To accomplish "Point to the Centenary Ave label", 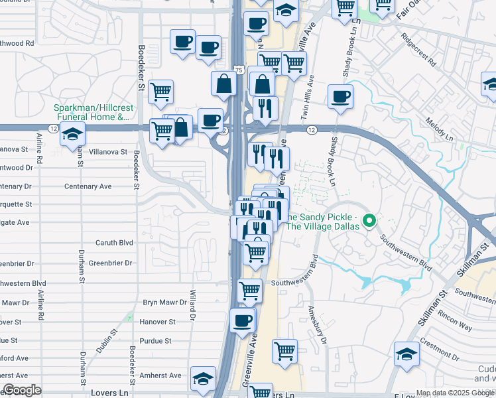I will point(88,186).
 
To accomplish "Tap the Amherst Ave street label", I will point(161,375).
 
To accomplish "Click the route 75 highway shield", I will point(239,70).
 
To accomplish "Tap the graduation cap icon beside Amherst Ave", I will point(202,378).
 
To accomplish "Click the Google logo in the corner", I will point(22,390).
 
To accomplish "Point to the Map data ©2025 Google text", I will point(454,393).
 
